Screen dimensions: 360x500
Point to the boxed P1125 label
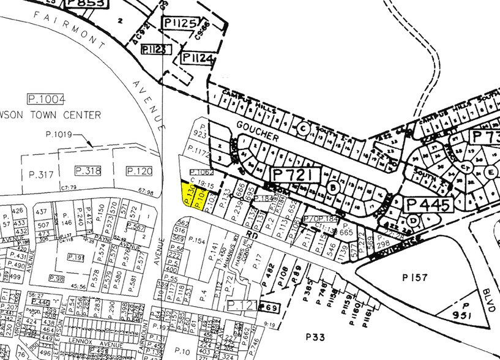179,24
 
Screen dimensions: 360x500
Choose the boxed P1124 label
197,59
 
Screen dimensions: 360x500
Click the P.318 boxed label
87,170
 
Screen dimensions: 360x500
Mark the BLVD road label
488,299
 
